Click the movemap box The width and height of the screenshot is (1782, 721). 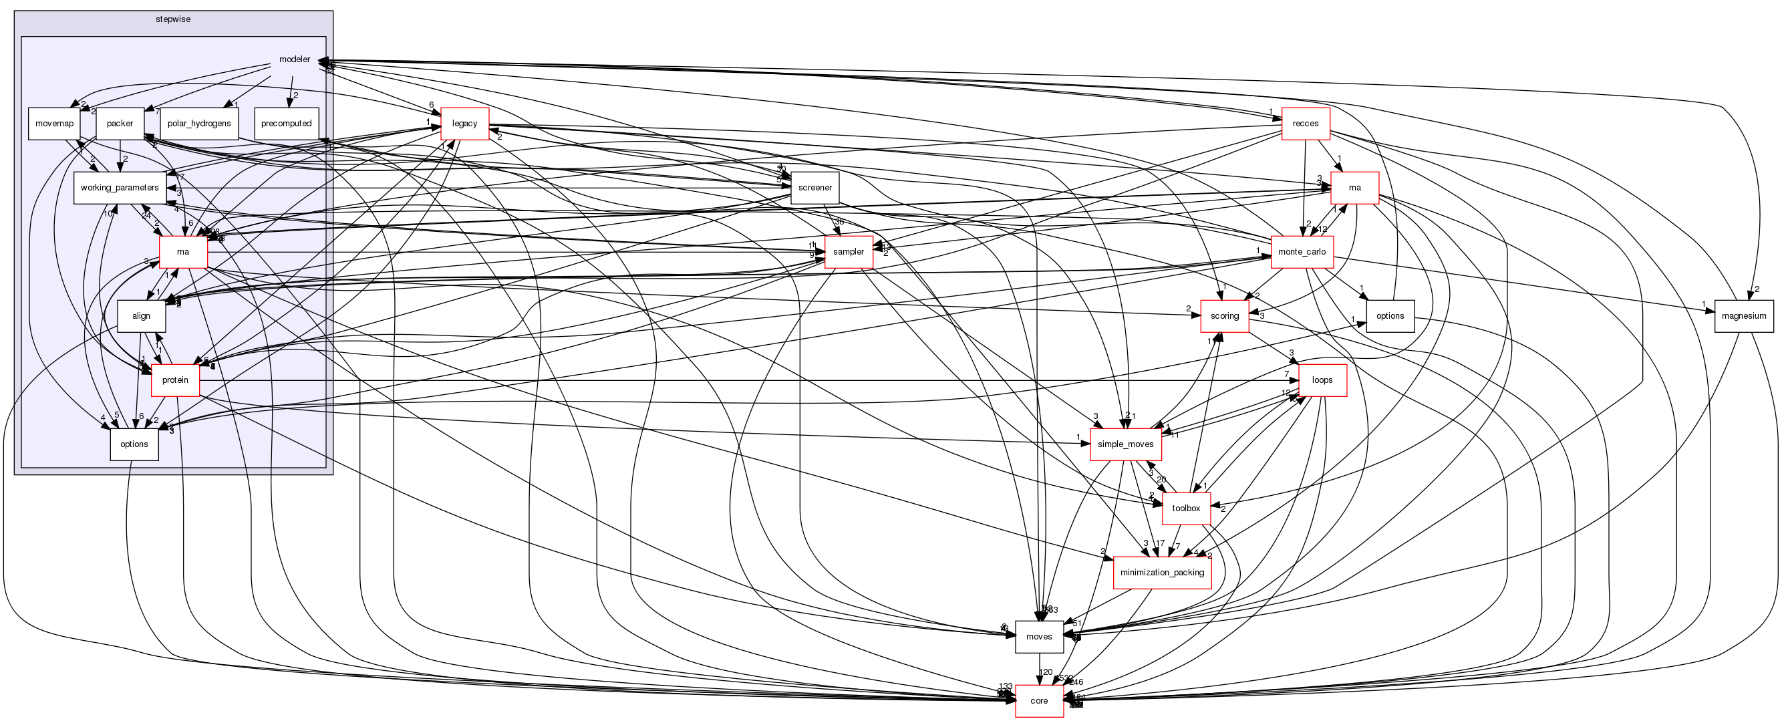54,124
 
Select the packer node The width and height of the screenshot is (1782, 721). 120,124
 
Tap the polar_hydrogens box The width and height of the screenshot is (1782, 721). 199,124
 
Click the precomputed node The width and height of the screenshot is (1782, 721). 287,124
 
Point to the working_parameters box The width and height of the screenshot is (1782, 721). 120,188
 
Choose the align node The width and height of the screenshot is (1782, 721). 141,316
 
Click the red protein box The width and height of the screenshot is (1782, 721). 175,380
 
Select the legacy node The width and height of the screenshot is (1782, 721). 465,124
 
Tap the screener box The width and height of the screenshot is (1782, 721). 815,188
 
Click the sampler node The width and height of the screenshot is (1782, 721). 849,252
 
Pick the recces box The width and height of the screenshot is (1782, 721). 1306,124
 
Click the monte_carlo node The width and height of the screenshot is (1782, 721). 1302,252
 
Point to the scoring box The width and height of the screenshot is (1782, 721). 1225,316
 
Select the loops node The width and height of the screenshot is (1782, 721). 1322,380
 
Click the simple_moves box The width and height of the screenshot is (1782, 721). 1125,444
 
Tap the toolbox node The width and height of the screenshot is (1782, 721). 1187,509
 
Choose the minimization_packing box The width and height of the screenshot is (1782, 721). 1162,572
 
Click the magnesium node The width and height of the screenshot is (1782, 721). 1744,316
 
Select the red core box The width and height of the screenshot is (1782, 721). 1039,701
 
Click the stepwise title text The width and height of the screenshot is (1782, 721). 173,19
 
